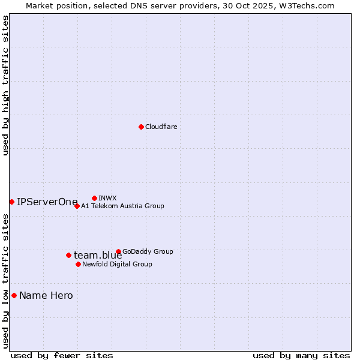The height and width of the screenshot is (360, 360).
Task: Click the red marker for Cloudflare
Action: pyautogui.click(x=141, y=127)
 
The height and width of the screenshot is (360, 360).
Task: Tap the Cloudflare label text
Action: pyautogui.click(x=161, y=127)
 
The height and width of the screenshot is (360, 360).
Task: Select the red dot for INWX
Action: pyautogui.click(x=94, y=198)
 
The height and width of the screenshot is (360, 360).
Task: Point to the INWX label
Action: pyautogui.click(x=107, y=198)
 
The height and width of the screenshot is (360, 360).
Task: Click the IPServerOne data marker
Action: pyautogui.click(x=11, y=202)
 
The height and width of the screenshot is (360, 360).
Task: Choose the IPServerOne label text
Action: pyautogui.click(x=47, y=202)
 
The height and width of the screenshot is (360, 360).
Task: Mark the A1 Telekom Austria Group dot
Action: pyautogui.click(x=77, y=206)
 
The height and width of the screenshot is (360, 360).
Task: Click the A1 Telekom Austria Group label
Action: pyautogui.click(x=122, y=206)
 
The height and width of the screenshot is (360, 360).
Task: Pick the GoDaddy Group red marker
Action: pyautogui.click(x=118, y=251)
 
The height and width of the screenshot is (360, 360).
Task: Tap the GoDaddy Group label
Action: pyautogui.click(x=148, y=251)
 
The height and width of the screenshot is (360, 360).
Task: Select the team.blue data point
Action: pyautogui.click(x=68, y=255)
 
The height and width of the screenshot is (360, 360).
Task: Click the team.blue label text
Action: pyautogui.click(x=98, y=256)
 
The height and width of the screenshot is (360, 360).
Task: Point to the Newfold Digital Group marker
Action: pyautogui.click(x=78, y=264)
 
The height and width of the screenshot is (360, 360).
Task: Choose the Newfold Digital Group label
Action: pyautogui.click(x=117, y=264)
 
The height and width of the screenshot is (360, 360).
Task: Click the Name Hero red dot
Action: pyautogui.click(x=14, y=295)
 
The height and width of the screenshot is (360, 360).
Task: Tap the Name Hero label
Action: pyautogui.click(x=46, y=295)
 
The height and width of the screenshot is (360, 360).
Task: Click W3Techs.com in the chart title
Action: pyautogui.click(x=309, y=5)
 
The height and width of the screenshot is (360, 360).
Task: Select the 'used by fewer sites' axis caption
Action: pyautogui.click(x=62, y=355)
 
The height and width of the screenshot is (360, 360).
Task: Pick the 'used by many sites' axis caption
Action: pyautogui.click(x=301, y=355)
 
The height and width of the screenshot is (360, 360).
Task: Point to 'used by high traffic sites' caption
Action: pyautogui.click(x=5, y=85)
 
